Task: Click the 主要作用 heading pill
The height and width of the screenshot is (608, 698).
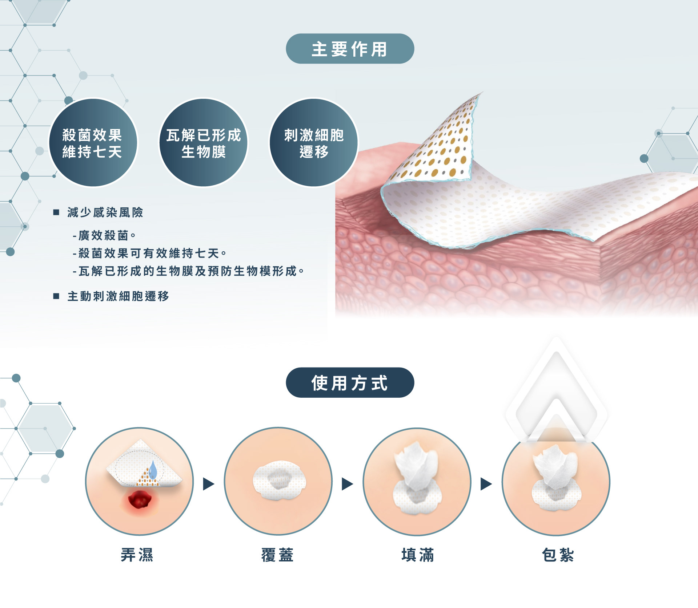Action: point(350,49)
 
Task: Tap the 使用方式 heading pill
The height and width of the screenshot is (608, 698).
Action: point(350,382)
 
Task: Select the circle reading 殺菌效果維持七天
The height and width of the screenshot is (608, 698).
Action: point(93,143)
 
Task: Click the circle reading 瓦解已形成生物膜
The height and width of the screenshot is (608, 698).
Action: point(204,143)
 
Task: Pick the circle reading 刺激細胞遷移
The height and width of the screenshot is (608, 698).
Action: point(314,143)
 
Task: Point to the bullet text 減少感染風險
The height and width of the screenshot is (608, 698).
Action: point(105,212)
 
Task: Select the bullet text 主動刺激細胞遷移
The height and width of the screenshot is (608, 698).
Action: point(118,296)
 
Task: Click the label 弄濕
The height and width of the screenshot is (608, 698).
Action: point(137,555)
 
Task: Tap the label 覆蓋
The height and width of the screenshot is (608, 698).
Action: point(277,555)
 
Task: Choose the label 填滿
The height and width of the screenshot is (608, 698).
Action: point(417,555)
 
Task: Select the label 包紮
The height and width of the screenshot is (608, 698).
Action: point(558,555)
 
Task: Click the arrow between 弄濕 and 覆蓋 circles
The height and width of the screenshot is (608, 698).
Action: point(208,484)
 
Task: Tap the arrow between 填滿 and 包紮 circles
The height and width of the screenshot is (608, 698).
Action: point(486,484)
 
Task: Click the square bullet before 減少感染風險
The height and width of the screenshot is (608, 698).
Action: point(56,212)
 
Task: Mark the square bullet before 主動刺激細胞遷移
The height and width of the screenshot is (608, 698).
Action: point(56,296)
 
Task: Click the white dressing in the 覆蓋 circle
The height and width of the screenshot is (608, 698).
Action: point(279,481)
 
